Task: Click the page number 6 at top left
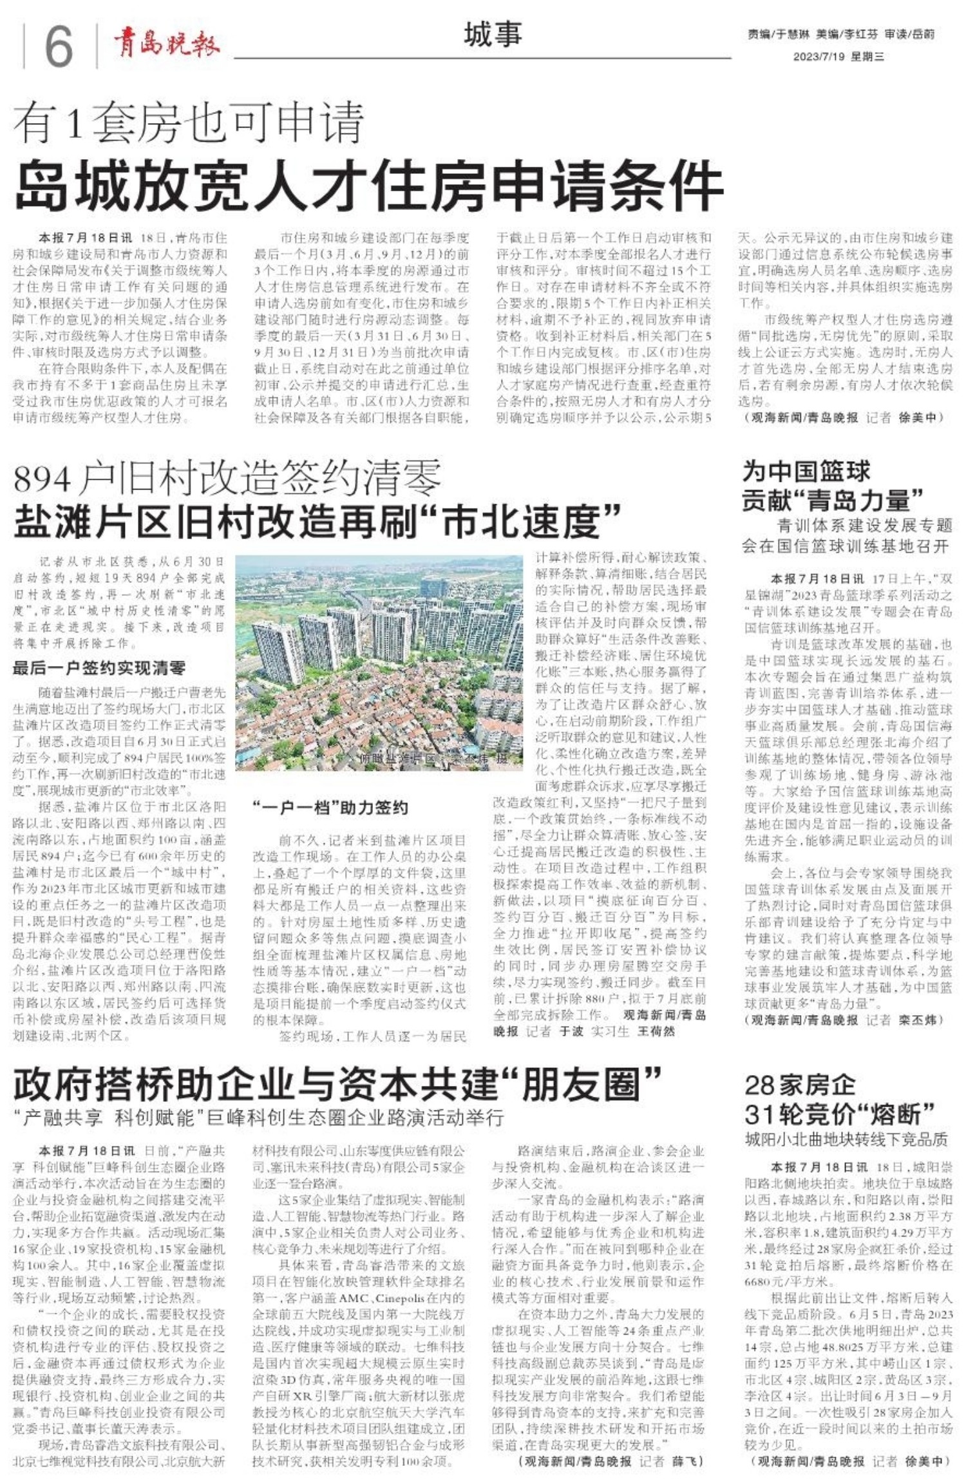pos(58,46)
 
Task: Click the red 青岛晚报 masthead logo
pos(167,44)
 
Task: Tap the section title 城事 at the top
pos(492,34)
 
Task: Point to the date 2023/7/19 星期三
pos(838,57)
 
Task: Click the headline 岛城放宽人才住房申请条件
pos(368,186)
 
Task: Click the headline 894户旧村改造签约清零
pos(227,477)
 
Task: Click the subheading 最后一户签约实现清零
pos(99,668)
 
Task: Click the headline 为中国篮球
pos(806,471)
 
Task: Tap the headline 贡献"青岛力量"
pos(833,500)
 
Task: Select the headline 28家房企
pos(800,1085)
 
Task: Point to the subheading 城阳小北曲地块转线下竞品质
pos(846,1139)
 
